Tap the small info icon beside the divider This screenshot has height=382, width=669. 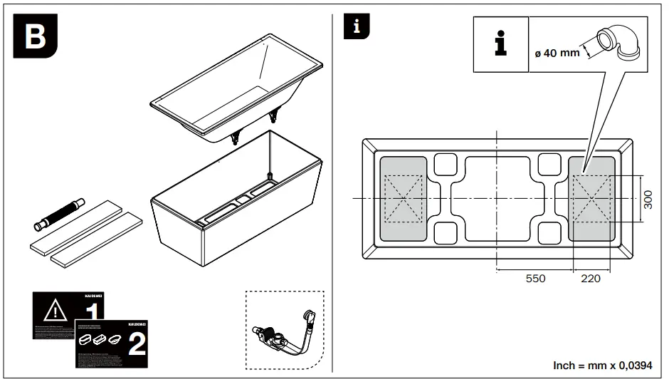pyautogui.click(x=357, y=27)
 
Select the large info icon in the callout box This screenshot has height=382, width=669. pyautogui.click(x=500, y=44)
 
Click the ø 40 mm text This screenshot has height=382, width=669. pyautogui.click(x=557, y=53)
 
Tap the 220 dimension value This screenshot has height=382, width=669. pyautogui.click(x=591, y=279)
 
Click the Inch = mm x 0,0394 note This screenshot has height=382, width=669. pyautogui.click(x=602, y=365)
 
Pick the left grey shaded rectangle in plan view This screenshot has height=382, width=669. pyautogui.click(x=403, y=197)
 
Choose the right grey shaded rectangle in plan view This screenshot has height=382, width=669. pyautogui.click(x=591, y=197)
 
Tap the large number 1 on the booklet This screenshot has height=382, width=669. pyautogui.click(x=91, y=314)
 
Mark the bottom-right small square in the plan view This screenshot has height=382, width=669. pyautogui.click(x=550, y=232)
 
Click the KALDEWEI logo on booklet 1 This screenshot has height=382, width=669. pyautogui.click(x=94, y=295)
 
